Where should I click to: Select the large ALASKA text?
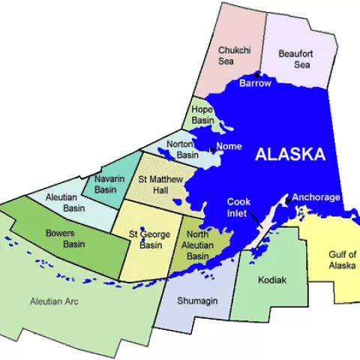290,154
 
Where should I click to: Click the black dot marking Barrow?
257,75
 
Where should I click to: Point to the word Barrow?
255,83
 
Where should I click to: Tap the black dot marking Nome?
212,150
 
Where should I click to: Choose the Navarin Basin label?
106,184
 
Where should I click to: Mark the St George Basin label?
145,239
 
